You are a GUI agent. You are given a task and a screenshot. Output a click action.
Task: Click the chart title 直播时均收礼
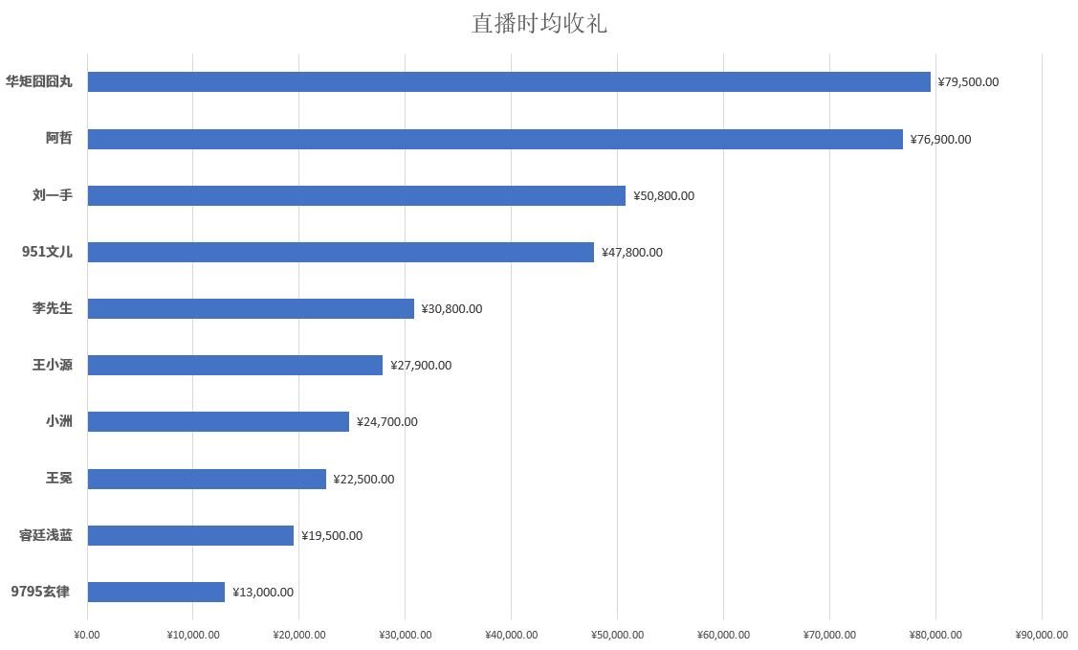coord(539,23)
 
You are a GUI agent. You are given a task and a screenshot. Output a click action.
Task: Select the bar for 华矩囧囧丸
coord(509,81)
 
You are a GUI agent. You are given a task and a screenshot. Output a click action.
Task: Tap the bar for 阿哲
coord(495,139)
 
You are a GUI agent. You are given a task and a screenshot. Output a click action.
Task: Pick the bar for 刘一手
coord(356,195)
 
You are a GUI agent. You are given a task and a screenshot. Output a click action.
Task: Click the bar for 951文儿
coord(341,252)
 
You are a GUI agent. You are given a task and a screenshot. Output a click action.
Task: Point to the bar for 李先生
coord(251,308)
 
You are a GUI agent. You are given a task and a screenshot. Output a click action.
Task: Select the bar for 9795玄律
coord(156,592)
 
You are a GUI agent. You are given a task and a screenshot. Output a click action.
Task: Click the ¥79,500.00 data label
coord(968,82)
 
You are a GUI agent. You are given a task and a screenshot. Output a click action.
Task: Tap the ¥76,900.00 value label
coord(940,140)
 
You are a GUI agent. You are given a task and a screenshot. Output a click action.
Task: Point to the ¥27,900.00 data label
coord(421,366)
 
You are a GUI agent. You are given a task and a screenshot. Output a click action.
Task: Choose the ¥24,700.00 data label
coord(386,422)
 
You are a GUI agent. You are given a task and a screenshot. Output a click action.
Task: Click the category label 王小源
coord(53,365)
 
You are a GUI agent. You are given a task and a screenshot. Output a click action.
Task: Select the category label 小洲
coord(59,421)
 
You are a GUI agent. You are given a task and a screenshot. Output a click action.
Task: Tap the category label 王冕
coord(59,478)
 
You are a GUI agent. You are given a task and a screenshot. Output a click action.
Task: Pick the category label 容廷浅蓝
coord(46,535)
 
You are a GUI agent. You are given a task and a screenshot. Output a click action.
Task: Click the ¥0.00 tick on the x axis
coord(86,635)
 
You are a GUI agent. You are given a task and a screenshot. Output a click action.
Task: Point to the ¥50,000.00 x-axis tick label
coord(617,635)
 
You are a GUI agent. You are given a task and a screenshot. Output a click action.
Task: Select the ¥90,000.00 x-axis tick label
coord(1041,635)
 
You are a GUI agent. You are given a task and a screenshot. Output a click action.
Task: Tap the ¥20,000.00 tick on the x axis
coord(298,635)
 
